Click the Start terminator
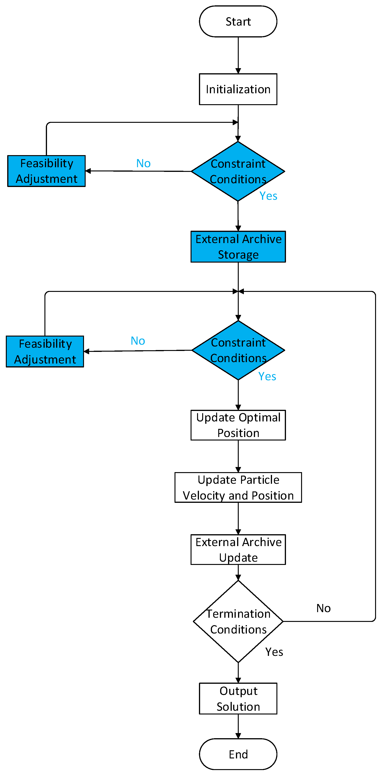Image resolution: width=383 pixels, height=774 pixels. click(238, 21)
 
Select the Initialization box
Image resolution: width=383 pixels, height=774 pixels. click(238, 89)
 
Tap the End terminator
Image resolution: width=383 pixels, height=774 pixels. click(238, 754)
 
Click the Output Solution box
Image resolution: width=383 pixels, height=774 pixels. click(238, 699)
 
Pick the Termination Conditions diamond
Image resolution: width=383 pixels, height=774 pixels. click(238, 621)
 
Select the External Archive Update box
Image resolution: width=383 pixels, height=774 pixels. click(238, 550)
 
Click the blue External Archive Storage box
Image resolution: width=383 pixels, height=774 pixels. click(238, 247)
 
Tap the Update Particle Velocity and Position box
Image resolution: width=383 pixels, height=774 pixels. click(238, 487)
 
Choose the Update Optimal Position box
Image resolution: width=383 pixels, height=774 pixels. click(238, 425)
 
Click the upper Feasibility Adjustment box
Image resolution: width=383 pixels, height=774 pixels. click(46, 171)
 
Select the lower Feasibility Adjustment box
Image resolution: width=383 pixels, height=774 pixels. click(45, 352)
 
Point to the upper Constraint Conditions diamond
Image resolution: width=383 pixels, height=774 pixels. click(238, 171)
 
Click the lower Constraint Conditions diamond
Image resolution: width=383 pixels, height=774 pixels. click(238, 350)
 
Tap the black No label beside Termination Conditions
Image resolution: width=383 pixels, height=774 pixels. click(323, 608)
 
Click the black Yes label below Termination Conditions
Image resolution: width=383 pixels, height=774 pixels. click(274, 652)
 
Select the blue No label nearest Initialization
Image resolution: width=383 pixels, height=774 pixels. click(143, 163)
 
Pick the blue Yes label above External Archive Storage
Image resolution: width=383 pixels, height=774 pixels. click(268, 196)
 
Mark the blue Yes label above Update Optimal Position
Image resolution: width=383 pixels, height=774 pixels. click(267, 376)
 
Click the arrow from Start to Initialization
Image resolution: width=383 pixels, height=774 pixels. click(238, 55)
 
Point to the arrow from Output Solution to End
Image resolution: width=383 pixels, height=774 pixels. click(238, 727)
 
